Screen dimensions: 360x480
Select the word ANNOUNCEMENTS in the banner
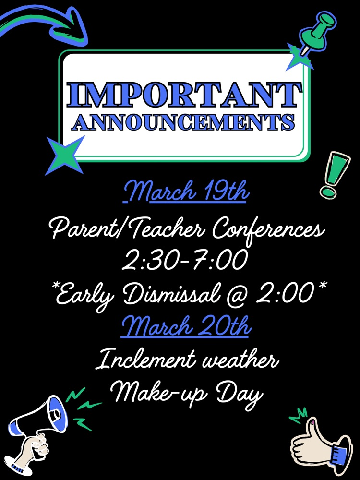coord(183,122)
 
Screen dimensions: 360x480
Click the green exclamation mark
coord(334,175)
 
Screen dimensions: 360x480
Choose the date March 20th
coord(186,326)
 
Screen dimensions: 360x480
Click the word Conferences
coord(268,229)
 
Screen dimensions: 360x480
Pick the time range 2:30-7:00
coord(185,260)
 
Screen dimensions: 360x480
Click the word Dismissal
coord(172,293)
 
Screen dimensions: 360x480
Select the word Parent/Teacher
coord(128,228)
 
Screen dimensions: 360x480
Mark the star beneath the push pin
coord(299,57)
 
